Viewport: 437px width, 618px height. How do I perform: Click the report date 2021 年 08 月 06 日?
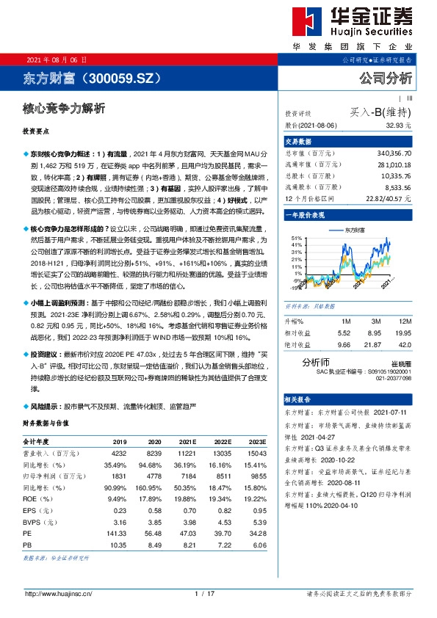pos(56,59)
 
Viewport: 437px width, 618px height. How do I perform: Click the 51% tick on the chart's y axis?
pos(297,239)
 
